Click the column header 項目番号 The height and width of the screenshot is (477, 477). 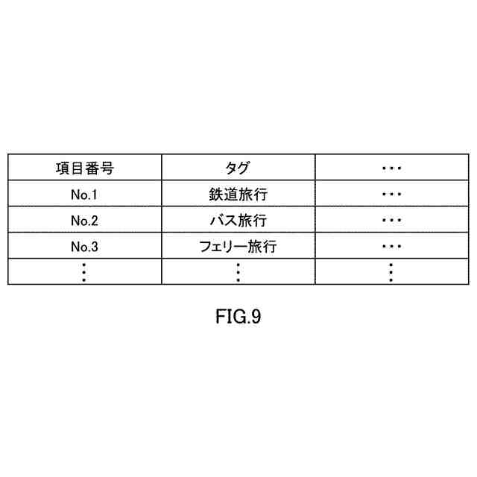click(84, 168)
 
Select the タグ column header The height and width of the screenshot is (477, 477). click(238, 168)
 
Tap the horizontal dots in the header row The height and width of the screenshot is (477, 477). click(391, 168)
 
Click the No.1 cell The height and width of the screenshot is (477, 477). click(84, 195)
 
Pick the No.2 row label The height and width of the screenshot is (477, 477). click(84, 221)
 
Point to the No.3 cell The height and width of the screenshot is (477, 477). click(84, 247)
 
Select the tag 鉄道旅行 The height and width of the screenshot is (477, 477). click(238, 195)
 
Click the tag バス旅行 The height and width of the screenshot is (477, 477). click(238, 221)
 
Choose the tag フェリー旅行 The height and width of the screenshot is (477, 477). click(238, 247)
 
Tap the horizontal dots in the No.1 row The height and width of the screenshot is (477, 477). click(391, 195)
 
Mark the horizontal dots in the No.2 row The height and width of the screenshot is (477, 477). click(391, 221)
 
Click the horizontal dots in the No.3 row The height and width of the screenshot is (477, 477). click(391, 247)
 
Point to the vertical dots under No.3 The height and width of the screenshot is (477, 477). click(84, 272)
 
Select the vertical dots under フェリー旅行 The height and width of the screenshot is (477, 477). click(238, 272)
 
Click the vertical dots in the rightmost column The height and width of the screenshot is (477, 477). click(391, 272)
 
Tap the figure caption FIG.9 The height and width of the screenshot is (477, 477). click(237, 318)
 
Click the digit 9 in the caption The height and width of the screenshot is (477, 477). click(256, 318)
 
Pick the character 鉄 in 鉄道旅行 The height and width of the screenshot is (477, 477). click(216, 195)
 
